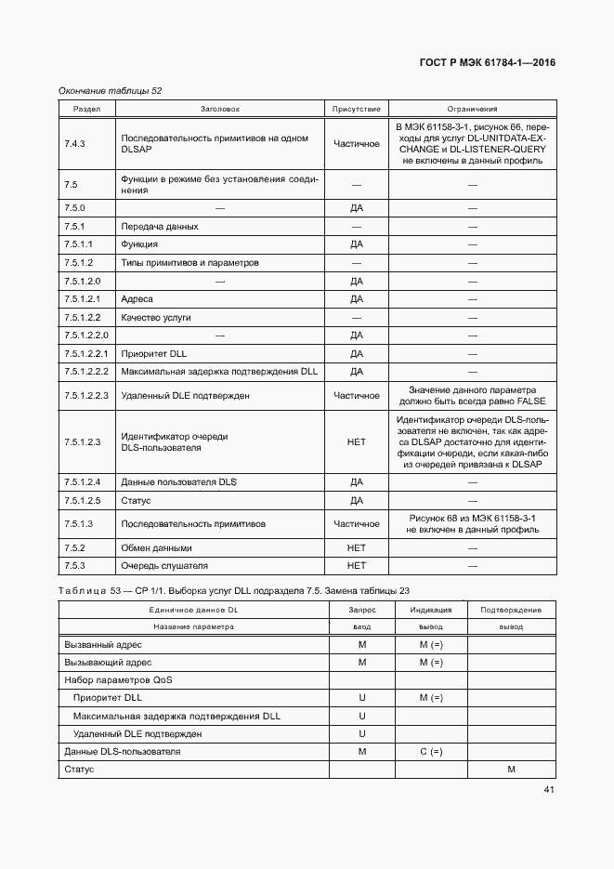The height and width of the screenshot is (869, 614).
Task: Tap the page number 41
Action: [x=549, y=790]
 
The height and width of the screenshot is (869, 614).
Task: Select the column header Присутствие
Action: [x=356, y=109]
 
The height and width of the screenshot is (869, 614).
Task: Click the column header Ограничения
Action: [x=472, y=109]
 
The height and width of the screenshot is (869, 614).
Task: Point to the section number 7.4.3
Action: [x=74, y=144]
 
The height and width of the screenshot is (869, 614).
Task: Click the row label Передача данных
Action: [x=159, y=227]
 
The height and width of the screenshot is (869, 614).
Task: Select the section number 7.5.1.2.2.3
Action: [x=87, y=396]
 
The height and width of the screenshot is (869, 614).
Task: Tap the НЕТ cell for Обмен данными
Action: [x=356, y=548]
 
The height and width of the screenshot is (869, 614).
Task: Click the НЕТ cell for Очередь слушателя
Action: [x=356, y=566]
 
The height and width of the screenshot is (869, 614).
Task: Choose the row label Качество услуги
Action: [x=156, y=318]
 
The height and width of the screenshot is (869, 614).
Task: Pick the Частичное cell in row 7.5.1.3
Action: [x=356, y=524]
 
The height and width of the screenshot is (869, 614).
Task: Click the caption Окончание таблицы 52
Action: [x=110, y=90]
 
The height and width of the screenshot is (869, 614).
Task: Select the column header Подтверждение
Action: [x=511, y=610]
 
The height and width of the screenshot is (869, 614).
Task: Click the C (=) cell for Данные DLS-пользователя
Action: [x=431, y=752]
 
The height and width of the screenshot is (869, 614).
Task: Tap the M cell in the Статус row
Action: [x=511, y=770]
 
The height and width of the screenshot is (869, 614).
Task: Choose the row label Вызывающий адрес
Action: [x=108, y=663]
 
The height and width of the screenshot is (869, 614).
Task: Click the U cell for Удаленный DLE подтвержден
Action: [x=362, y=734]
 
